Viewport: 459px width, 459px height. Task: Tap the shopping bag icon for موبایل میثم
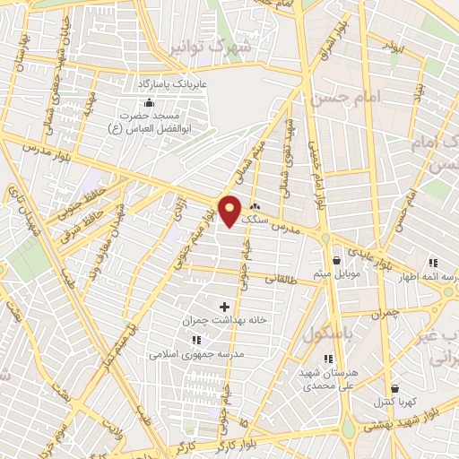point(336,259)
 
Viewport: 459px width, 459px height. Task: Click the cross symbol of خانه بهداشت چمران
point(224,307)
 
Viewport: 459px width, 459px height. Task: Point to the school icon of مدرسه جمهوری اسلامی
point(196,340)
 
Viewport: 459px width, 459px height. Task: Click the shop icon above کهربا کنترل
point(370,387)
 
